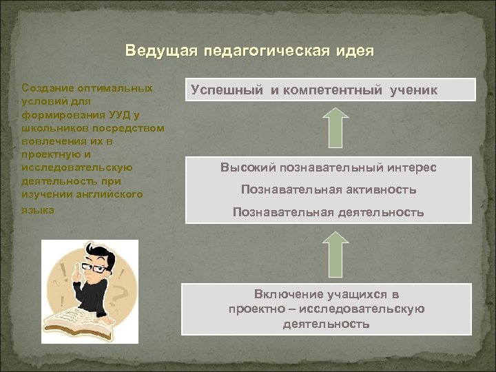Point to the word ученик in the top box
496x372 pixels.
point(411,90)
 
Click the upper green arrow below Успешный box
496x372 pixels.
point(335,128)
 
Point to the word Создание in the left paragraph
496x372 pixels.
point(45,89)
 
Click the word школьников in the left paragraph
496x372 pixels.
point(52,128)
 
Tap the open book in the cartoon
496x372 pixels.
point(76,320)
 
